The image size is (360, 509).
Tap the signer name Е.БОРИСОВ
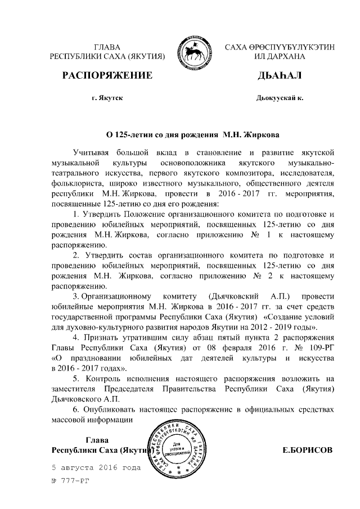click(x=306, y=450)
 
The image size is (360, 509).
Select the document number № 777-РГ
click(x=70, y=482)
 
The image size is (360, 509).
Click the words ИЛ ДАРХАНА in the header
click(x=279, y=57)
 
